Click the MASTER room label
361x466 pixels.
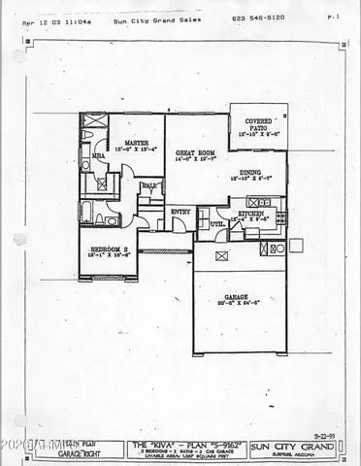[136, 142]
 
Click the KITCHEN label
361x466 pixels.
[251, 213]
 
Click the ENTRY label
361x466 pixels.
[180, 211]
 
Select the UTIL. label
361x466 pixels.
[217, 223]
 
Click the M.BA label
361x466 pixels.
[98, 154]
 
